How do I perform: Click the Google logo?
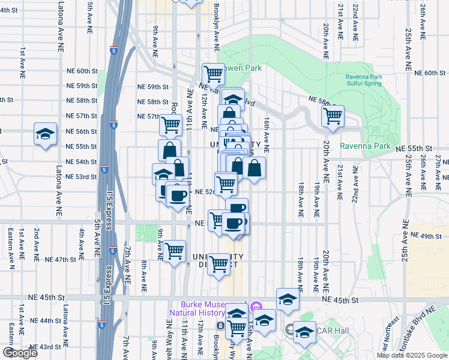19,353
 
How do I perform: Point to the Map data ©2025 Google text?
412,355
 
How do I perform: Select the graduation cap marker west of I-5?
45,135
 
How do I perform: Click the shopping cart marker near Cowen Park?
213,74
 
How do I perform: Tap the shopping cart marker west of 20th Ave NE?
332,115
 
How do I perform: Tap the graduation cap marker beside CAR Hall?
305,331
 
